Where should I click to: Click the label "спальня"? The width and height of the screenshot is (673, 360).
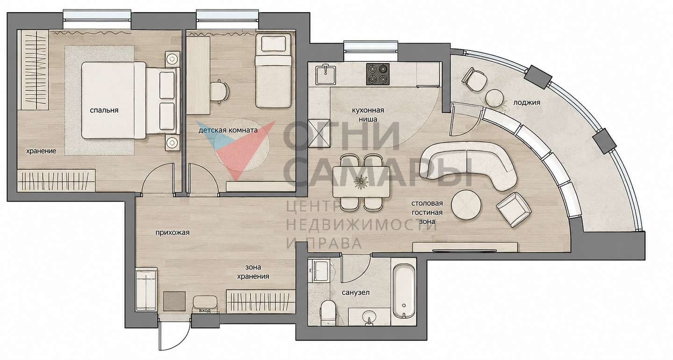pos(104,110)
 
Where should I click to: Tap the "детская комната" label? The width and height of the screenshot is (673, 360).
pos(228,130)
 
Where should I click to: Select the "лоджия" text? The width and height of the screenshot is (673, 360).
pos(527,102)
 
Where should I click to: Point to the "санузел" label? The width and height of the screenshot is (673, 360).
pos(356,292)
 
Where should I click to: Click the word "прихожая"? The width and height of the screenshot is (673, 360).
pos(172,232)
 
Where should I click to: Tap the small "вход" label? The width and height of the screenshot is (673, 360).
pos(205,311)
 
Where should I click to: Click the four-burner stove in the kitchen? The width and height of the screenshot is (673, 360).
pos(378,74)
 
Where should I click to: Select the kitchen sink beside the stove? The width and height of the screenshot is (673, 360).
pos(325,74)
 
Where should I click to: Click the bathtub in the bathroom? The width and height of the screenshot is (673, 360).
pos(404,291)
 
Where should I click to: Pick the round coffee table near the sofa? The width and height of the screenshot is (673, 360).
pos(466,205)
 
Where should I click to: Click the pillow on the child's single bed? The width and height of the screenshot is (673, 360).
pos(273,43)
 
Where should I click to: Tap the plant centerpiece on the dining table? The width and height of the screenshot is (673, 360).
pos(360,182)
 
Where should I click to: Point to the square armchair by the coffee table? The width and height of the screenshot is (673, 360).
pos(513,209)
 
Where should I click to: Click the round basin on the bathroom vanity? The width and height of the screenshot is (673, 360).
pos(369,317)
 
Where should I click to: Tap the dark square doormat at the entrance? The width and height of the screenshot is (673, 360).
pos(174,301)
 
